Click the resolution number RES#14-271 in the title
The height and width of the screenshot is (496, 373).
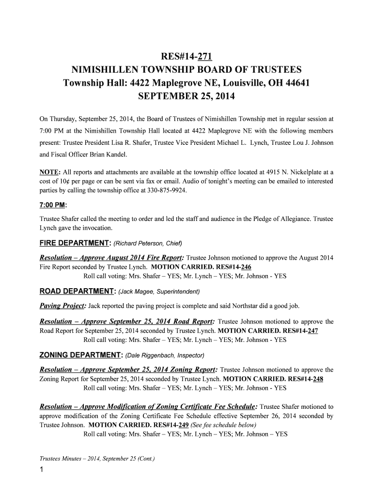pyautogui.click(x=186, y=55)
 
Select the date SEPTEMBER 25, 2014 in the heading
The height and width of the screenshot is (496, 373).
pyautogui.click(x=186, y=96)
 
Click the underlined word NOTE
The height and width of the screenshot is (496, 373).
pyautogui.click(x=48, y=172)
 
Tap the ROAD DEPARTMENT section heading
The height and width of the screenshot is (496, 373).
pyautogui.click(x=76, y=292)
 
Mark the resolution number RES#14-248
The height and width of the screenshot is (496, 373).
pyautogui.click(x=302, y=379)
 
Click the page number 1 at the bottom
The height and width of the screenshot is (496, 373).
pyautogui.click(x=43, y=471)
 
